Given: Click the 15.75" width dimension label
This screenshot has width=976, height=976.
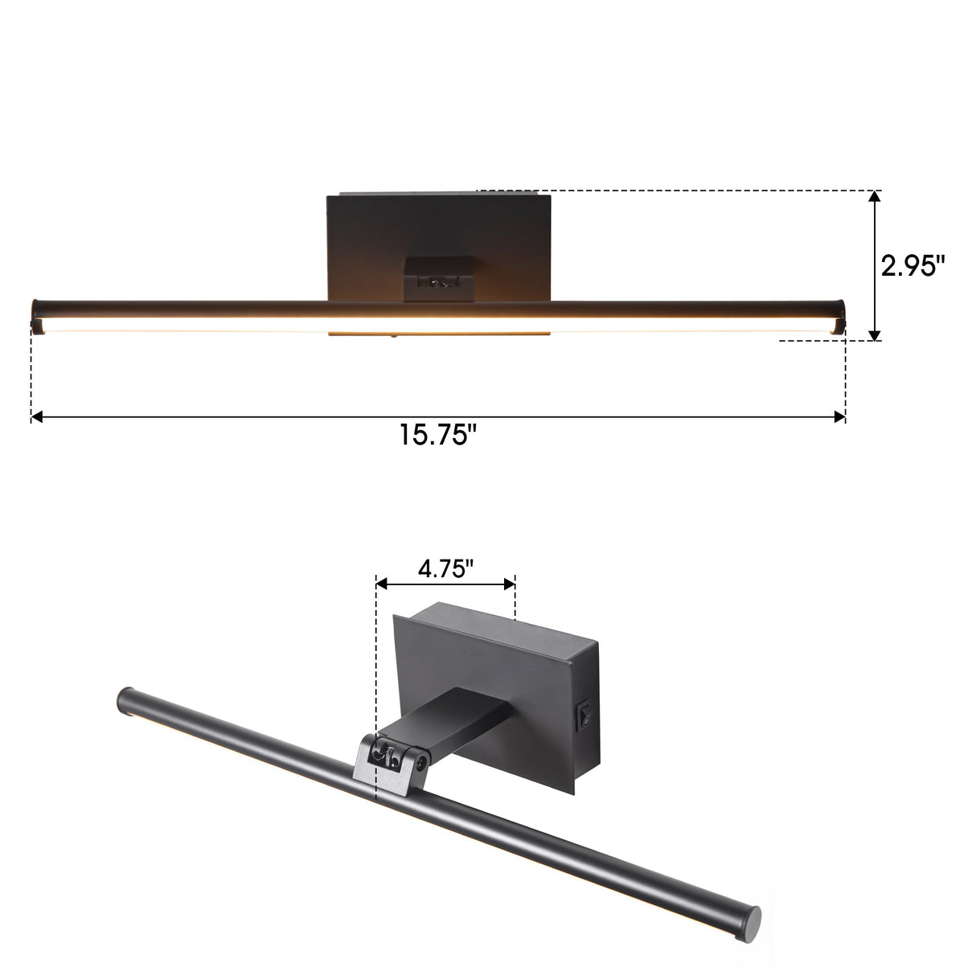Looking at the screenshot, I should (438, 437).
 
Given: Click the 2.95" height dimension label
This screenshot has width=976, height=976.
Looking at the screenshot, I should (912, 266).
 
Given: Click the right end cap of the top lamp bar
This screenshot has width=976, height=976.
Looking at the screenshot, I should (842, 314).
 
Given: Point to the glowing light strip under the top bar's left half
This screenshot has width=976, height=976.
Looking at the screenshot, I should (185, 329).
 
